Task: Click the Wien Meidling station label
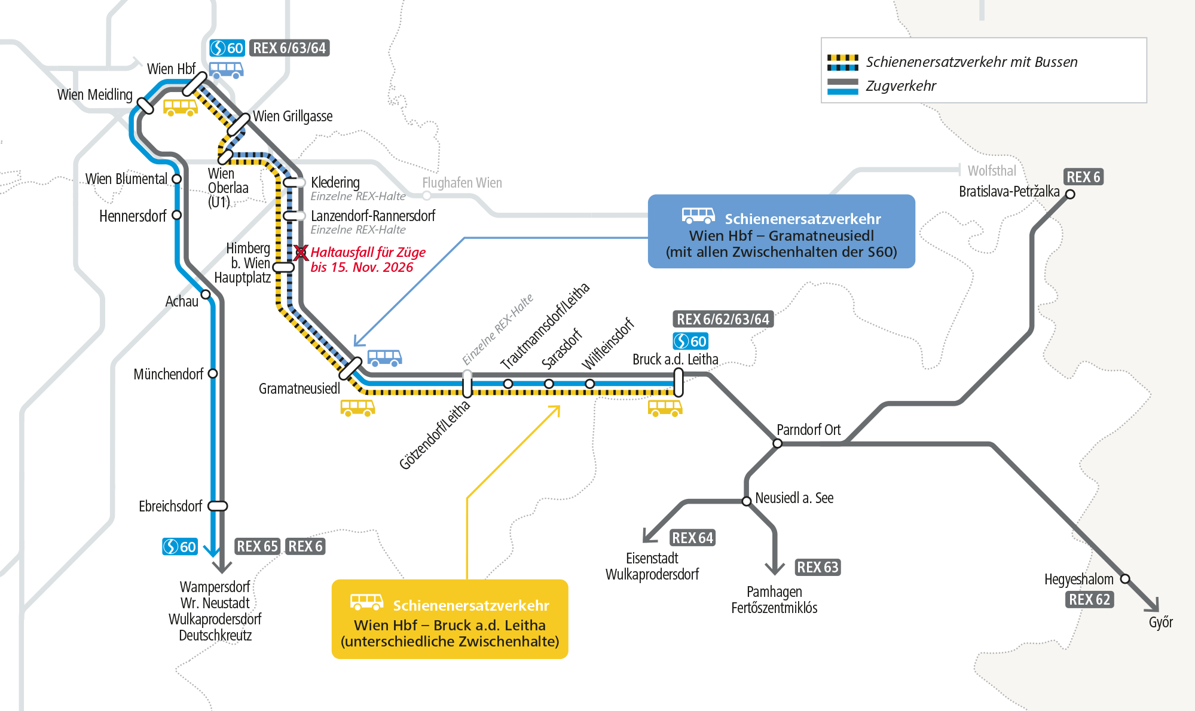94,95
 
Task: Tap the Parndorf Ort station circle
777,443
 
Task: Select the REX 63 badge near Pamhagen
818,567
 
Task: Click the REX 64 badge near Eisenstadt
692,538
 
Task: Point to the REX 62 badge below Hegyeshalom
1089,599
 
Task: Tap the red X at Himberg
301,253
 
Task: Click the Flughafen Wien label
462,183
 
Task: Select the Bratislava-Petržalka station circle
1070,194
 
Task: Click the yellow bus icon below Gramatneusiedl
357,407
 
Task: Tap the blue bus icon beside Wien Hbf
226,70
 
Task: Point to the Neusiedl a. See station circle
746,501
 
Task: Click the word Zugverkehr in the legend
900,86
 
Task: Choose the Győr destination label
1160,623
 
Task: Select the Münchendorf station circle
212,373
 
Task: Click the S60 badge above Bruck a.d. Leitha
690,341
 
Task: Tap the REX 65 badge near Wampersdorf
257,546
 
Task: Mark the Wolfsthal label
992,171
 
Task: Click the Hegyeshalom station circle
1124,578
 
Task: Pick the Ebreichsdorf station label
170,507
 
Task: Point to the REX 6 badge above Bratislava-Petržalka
1083,177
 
